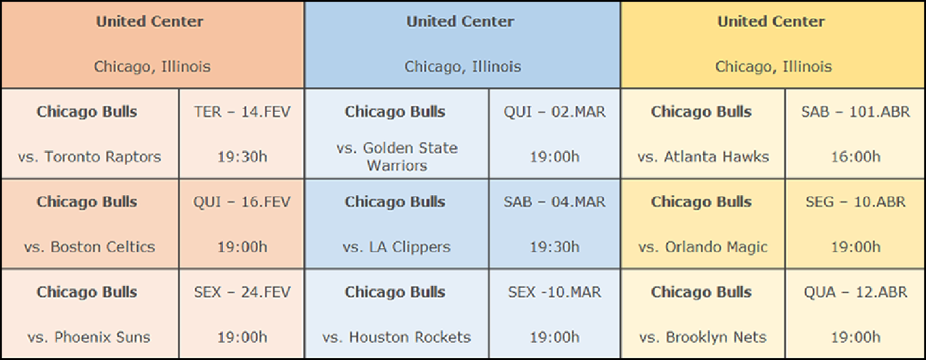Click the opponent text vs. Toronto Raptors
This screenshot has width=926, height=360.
click(x=89, y=157)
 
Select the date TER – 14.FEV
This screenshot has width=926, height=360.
click(x=242, y=112)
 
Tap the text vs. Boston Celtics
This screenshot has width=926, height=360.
click(x=89, y=247)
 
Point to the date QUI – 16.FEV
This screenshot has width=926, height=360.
click(x=242, y=202)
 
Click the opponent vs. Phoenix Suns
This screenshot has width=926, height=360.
click(x=89, y=337)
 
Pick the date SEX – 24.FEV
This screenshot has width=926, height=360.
click(x=242, y=292)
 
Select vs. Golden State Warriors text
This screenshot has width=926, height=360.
click(x=397, y=157)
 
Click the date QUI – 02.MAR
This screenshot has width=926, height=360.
click(x=554, y=112)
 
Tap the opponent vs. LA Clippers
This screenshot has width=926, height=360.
click(x=396, y=247)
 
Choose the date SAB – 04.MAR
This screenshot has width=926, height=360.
click(x=554, y=202)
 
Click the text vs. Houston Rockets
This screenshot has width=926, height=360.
click(x=396, y=337)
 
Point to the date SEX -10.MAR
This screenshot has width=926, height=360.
click(x=554, y=292)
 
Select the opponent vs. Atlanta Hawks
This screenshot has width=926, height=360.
click(x=703, y=157)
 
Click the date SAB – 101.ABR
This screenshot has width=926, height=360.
click(x=856, y=112)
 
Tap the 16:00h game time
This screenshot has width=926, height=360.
click(x=856, y=157)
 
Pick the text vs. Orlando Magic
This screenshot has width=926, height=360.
click(x=702, y=247)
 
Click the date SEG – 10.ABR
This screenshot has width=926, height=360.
click(x=856, y=202)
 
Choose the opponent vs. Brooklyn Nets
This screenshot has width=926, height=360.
click(x=702, y=337)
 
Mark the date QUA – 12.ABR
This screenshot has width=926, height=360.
click(x=856, y=292)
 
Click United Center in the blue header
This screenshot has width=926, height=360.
click(x=460, y=22)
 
